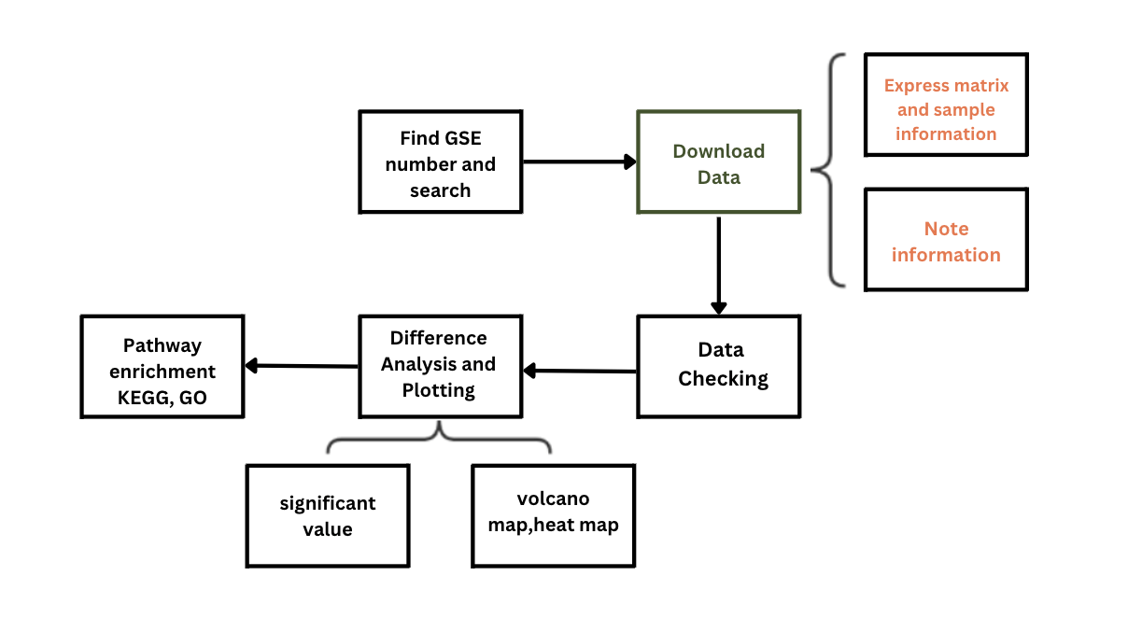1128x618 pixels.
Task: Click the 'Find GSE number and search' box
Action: [x=440, y=163]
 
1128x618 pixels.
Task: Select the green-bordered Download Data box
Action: [x=718, y=163]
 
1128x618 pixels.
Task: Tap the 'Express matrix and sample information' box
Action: [x=946, y=105]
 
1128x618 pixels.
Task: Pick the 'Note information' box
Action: [x=946, y=240]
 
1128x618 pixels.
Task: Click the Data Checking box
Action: [x=718, y=365]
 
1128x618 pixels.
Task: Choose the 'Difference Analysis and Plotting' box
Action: [x=440, y=365]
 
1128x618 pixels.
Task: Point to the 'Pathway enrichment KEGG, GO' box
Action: [x=162, y=365]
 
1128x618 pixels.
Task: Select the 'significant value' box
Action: [x=328, y=515]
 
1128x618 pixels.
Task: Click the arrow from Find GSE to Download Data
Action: [x=579, y=162]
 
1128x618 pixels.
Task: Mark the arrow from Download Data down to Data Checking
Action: [x=718, y=266]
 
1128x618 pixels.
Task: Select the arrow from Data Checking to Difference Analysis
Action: [x=580, y=372]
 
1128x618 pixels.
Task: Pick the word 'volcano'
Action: [x=553, y=499]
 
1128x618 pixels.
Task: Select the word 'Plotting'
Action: [x=439, y=390]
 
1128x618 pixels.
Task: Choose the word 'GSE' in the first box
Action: [x=462, y=138]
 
